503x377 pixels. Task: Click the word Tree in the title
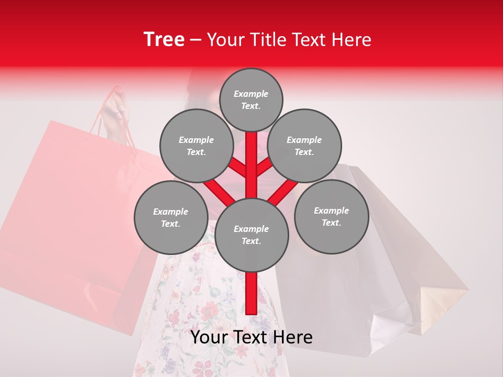pyautogui.click(x=164, y=40)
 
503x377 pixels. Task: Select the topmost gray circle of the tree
pyautogui.click(x=251, y=99)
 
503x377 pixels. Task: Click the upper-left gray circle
pyautogui.click(x=196, y=146)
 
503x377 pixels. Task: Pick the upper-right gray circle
pyautogui.click(x=304, y=146)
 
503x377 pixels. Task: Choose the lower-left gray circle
pyautogui.click(x=171, y=217)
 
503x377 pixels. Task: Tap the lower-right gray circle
pyautogui.click(x=331, y=216)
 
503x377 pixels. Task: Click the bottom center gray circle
pyautogui.click(x=251, y=235)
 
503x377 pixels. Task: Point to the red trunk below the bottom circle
pyautogui.click(x=251, y=293)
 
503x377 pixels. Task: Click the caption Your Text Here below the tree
pyautogui.click(x=251, y=337)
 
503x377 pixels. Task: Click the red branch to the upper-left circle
pyautogui.click(x=239, y=169)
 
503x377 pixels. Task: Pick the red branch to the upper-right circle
pyautogui.click(x=264, y=169)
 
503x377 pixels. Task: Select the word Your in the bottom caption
pyautogui.click(x=210, y=337)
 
